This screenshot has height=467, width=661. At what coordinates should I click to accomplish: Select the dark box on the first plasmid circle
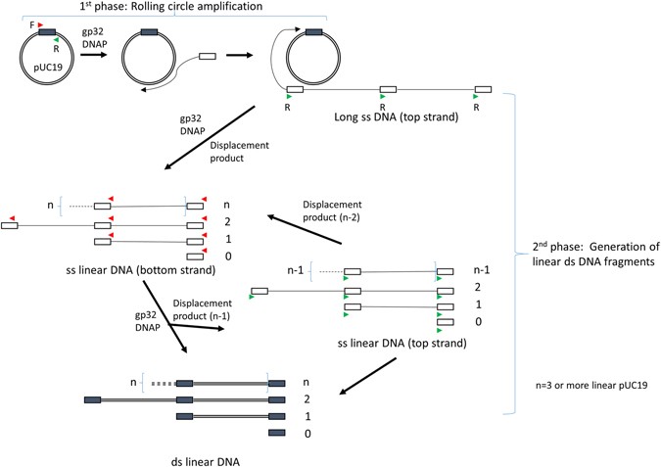(x=47, y=34)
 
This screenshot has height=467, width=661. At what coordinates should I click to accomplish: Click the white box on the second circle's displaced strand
(x=207, y=58)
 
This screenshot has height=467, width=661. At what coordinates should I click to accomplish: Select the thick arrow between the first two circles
(x=95, y=58)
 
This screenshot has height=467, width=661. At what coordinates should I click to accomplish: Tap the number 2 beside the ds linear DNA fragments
(x=307, y=399)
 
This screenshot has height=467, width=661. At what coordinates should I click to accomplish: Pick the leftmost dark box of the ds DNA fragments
(x=93, y=399)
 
